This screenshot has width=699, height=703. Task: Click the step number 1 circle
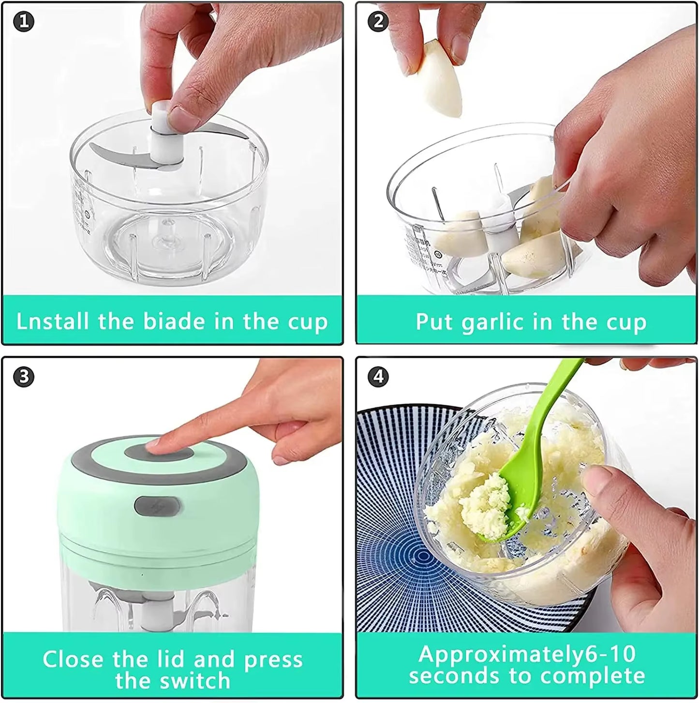[24, 22]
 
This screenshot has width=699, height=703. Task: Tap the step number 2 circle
[378, 22]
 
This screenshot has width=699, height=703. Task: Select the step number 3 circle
[24, 377]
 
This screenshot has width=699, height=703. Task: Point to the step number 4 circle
[378, 377]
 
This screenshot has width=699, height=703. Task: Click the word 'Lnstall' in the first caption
[53, 321]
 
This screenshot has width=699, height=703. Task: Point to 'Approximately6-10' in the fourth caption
[527, 654]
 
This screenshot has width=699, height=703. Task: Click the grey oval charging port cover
[158, 506]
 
